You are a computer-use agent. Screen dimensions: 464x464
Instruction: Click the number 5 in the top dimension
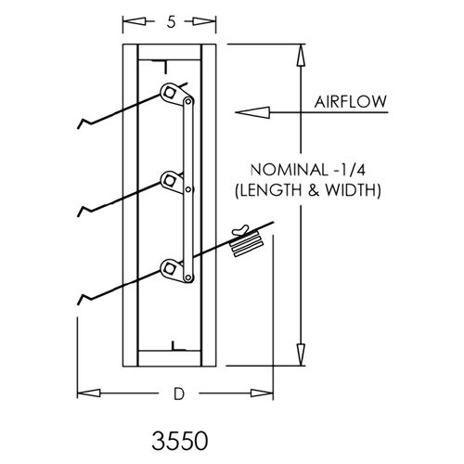click(171, 21)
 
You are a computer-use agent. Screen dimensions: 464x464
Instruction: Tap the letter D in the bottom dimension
click(179, 393)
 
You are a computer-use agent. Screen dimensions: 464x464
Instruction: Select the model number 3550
click(180, 441)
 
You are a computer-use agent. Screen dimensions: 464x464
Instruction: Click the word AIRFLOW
click(351, 102)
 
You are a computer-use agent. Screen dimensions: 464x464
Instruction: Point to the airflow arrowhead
click(252, 112)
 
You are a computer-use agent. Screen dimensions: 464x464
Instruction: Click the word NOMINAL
click(289, 170)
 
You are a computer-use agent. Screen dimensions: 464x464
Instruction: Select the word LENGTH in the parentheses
click(272, 190)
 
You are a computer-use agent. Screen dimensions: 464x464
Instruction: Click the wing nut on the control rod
click(240, 229)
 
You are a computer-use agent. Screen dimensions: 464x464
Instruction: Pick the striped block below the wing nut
click(246, 244)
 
